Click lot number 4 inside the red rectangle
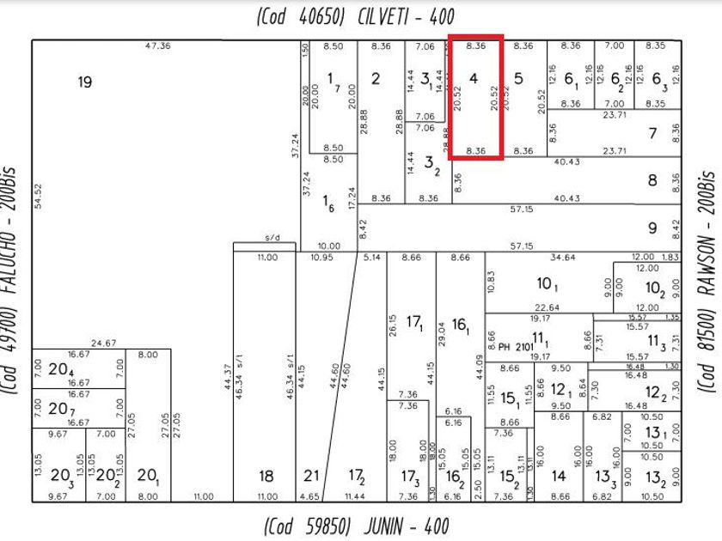tap(474, 78)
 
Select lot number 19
tap(84, 82)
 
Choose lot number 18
tap(266, 476)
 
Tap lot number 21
tap(310, 476)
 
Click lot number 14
tap(559, 476)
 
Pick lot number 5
tap(518, 79)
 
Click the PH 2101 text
tap(516, 346)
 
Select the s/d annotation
tap(272, 238)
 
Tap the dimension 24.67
tap(104, 343)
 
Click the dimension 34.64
tap(562, 257)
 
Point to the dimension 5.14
tap(371, 257)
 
